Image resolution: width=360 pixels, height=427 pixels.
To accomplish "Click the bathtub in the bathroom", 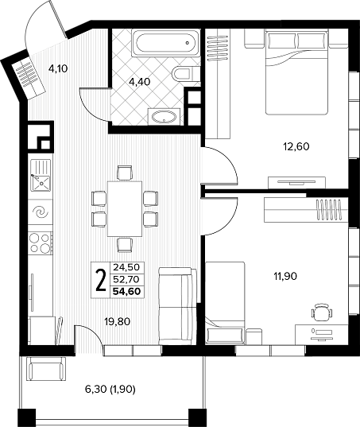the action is (x=166, y=43).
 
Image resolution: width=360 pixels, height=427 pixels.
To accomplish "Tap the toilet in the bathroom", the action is (x=184, y=73).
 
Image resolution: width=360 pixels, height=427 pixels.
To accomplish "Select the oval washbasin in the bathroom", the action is (x=164, y=117).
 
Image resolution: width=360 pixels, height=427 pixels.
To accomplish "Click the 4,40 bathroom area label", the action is (x=140, y=82).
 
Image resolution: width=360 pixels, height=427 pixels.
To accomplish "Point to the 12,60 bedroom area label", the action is (x=296, y=147).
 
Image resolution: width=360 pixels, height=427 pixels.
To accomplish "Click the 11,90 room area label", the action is (x=285, y=277).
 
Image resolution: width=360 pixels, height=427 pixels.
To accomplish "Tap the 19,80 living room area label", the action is (x=118, y=322).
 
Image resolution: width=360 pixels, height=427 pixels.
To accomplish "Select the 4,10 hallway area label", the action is (x=58, y=68).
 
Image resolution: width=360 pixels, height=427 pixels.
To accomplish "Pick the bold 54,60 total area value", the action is (x=127, y=291).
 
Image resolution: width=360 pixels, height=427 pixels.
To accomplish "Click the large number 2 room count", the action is (x=101, y=280).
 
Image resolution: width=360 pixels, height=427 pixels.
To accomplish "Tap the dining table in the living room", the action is (x=125, y=209).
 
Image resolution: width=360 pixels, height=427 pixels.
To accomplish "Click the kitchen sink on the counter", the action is (x=41, y=175).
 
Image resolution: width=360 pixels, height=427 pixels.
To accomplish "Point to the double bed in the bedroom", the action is (x=296, y=72).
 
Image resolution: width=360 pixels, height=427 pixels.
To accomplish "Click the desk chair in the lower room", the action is (x=322, y=312).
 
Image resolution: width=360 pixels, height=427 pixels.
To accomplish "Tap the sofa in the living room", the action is (x=177, y=305).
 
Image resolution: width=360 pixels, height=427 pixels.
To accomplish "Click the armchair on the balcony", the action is (x=46, y=369).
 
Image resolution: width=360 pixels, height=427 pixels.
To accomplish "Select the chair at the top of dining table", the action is (x=125, y=173).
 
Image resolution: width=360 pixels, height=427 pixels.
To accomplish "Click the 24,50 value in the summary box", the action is (x=126, y=267).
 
